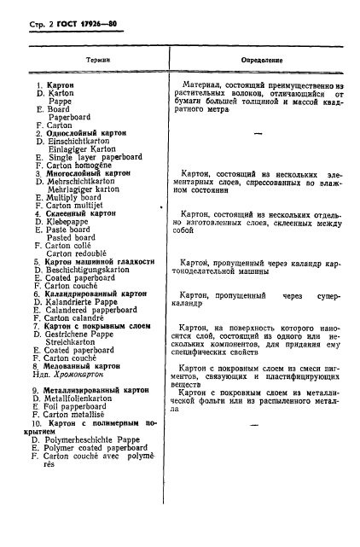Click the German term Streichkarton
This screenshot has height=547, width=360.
click(x=76, y=340)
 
